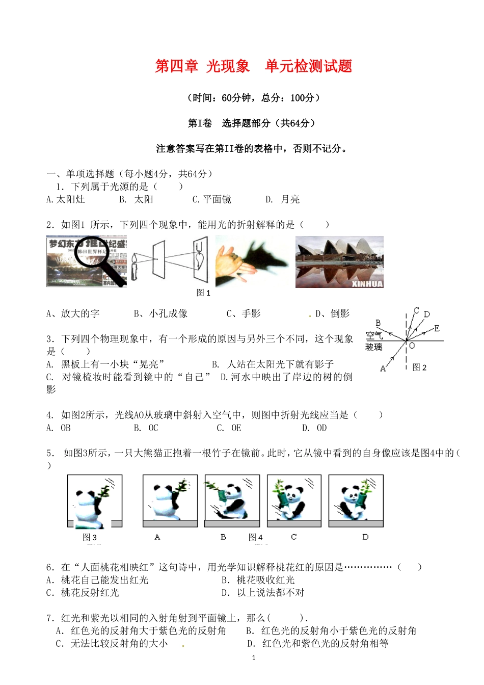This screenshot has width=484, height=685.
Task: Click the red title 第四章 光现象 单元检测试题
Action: (253, 66)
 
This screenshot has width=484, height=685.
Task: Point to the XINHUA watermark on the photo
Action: (367, 284)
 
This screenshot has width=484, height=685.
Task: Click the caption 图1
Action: (203, 293)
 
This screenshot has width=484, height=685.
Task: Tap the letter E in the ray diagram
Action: (437, 328)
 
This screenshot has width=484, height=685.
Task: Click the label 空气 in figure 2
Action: (374, 335)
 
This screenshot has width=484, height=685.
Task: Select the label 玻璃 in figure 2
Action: (374, 347)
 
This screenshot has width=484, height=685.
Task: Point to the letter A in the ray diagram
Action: (383, 368)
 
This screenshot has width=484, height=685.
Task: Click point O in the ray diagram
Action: (412, 346)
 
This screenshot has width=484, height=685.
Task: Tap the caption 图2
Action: (419, 367)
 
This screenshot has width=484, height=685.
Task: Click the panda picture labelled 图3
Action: (95, 501)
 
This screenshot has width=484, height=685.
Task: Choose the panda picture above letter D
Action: (356, 500)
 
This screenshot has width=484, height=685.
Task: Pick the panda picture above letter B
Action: (232, 500)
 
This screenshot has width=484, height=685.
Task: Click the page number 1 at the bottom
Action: (254, 657)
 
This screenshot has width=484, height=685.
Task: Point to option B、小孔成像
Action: (160, 313)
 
